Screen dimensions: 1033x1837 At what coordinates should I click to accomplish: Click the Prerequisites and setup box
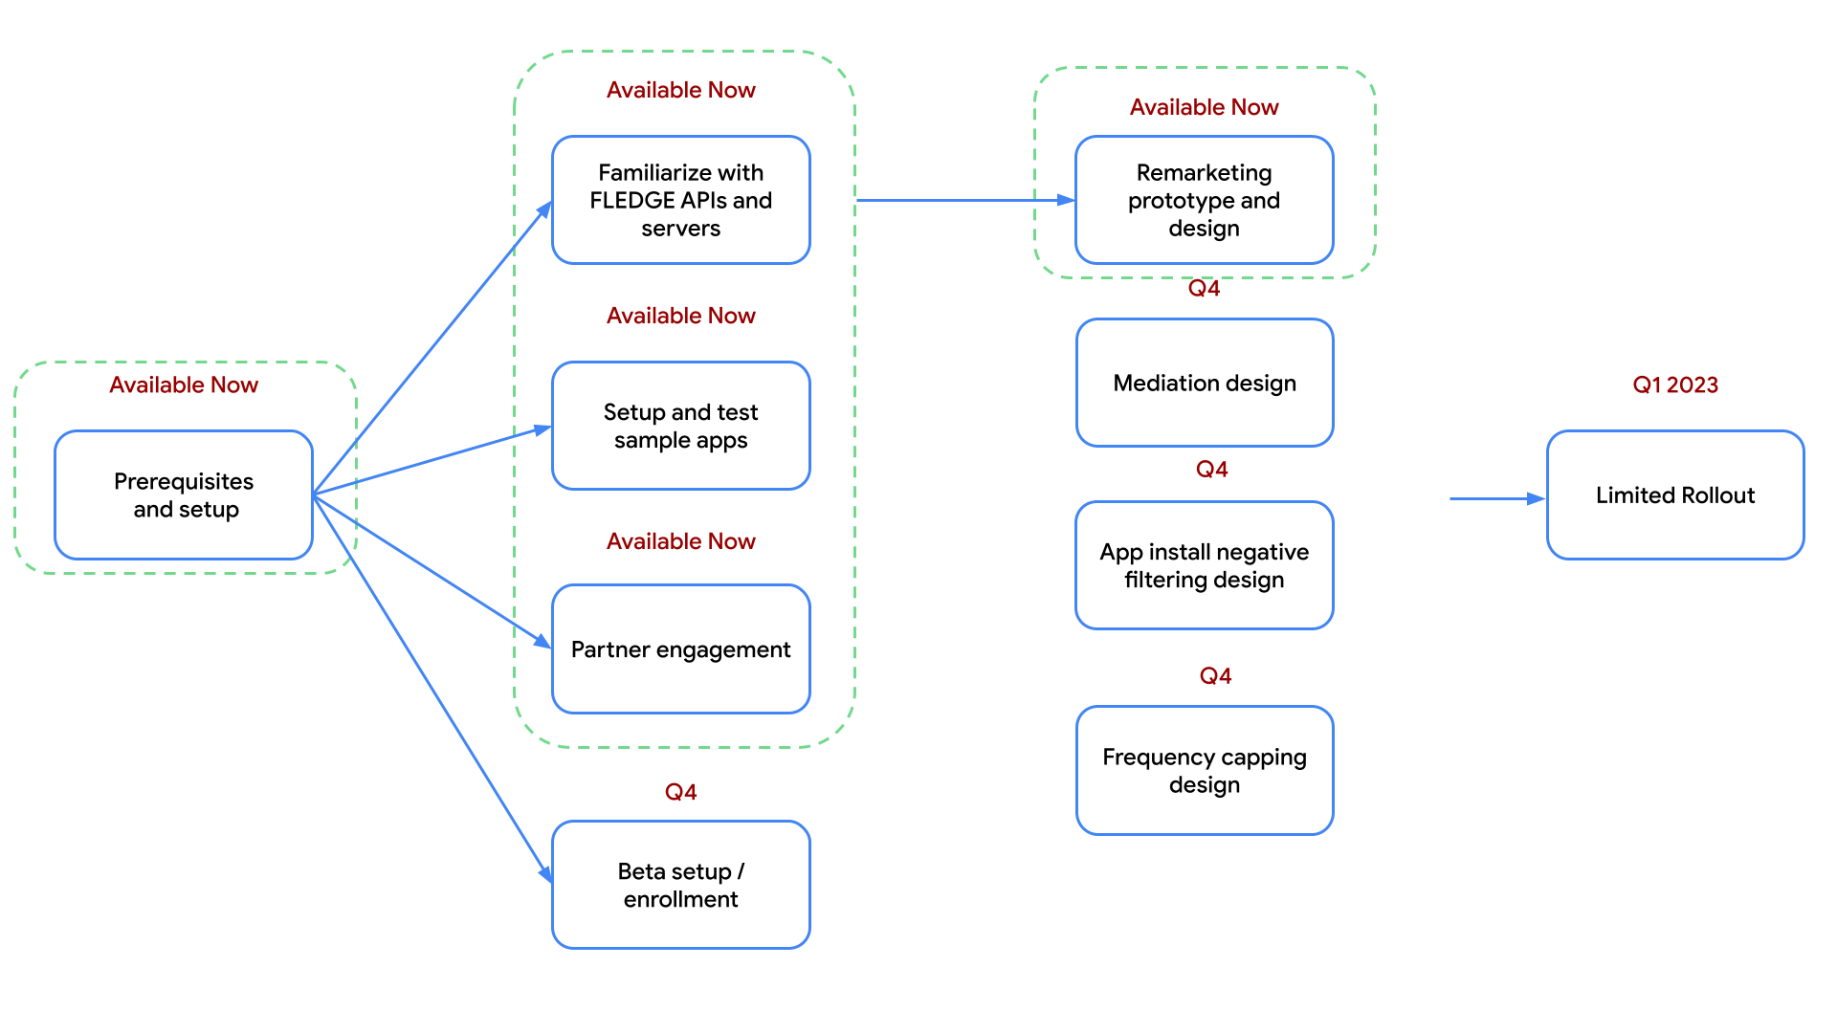coord(184,495)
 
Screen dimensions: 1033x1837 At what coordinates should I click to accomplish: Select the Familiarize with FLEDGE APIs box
coord(680,200)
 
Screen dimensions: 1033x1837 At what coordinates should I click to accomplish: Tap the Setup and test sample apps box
coord(680,426)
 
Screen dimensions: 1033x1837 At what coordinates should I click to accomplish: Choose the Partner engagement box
coord(680,649)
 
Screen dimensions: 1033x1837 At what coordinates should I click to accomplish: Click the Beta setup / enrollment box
coord(680,885)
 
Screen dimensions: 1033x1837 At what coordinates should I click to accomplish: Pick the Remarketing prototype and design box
coord(1204,200)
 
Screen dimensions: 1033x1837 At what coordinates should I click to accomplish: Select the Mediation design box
coord(1204,383)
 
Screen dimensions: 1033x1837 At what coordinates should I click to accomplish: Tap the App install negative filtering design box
coord(1204,565)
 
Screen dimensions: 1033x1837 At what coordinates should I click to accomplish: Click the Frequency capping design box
coord(1204,770)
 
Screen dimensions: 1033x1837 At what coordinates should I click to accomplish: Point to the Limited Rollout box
coord(1674,495)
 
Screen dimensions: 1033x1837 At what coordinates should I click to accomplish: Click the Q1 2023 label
coord(1674,385)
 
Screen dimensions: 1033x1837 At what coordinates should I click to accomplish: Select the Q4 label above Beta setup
coord(680,792)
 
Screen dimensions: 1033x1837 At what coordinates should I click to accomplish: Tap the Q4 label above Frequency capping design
coord(1215,676)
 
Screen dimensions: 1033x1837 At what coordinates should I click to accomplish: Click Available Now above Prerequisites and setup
coord(184,385)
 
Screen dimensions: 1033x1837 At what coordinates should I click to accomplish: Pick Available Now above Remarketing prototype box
coord(1204,107)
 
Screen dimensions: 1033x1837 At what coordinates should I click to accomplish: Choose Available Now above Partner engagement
coord(680,541)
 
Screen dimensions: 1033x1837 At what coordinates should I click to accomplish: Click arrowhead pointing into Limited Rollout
coord(1536,498)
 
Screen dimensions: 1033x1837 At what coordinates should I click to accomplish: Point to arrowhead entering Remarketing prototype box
coord(1066,200)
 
